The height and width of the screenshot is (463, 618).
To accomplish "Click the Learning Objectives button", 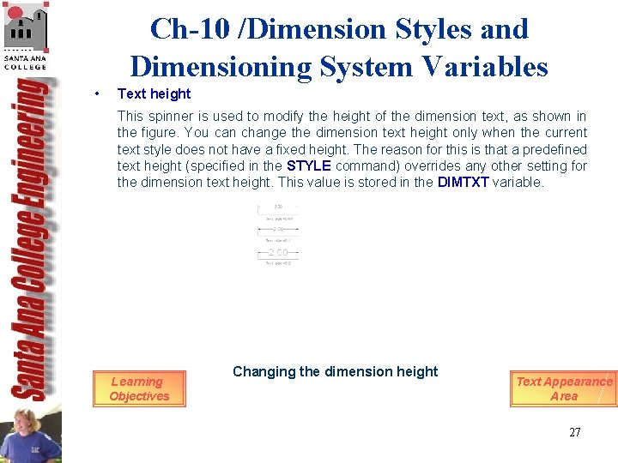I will tap(139, 388).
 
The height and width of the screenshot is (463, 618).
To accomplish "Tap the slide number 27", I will tap(575, 432).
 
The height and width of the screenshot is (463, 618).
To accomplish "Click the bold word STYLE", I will tap(309, 165).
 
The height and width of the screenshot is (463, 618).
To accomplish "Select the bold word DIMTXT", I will tap(463, 183).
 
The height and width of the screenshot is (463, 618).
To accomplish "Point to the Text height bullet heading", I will tap(154, 93).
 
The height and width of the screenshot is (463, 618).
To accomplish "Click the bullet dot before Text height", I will tap(100, 93).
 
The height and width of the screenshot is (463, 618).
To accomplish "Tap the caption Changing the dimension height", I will tap(335, 371).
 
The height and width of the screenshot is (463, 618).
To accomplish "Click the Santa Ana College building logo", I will tap(25, 33).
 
